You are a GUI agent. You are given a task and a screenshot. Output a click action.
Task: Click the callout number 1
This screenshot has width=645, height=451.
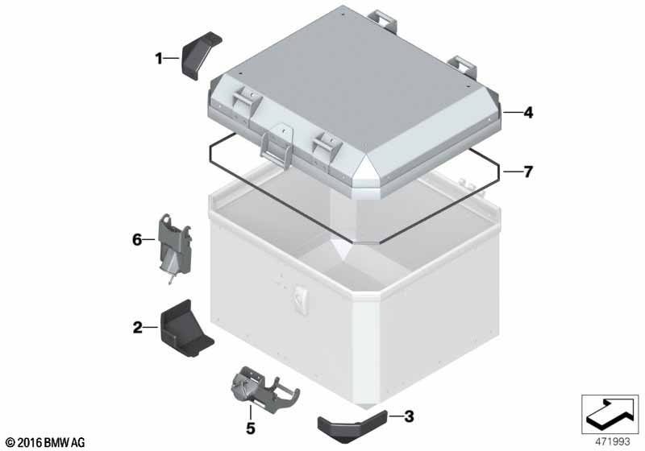159,59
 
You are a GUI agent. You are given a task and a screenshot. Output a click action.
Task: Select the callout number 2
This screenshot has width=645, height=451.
137,327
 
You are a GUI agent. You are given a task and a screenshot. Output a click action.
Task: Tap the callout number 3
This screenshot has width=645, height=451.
409,416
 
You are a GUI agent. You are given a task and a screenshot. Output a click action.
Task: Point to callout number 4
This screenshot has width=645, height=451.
528,113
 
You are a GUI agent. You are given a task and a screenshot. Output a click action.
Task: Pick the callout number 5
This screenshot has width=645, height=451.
251,428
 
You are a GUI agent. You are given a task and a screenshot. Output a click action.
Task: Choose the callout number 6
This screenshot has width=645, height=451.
137,239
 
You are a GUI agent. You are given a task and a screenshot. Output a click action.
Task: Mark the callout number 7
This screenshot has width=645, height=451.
528,172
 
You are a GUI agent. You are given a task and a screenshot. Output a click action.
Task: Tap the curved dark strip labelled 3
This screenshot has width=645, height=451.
352,426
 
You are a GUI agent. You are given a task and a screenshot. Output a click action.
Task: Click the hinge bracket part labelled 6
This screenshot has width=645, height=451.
175,246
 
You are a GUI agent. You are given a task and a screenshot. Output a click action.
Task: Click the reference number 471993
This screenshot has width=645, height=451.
613,442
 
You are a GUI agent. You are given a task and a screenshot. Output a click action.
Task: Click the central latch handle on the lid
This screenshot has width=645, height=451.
277,146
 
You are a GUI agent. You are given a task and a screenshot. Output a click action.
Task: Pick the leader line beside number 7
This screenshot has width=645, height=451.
512,172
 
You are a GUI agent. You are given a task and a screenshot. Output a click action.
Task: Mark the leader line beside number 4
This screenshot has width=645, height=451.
512,113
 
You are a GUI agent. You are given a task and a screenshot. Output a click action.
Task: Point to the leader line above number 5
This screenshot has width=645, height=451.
250,412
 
